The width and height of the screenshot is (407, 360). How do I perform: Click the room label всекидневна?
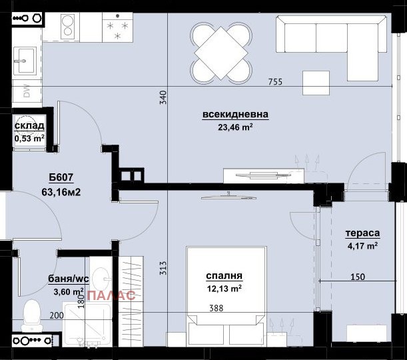[235, 115]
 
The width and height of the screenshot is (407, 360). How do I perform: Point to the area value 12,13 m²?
[223, 288]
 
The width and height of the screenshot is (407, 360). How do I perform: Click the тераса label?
[362, 233]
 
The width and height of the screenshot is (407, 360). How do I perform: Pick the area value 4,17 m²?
[362, 245]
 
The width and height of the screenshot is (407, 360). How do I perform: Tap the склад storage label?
[29, 125]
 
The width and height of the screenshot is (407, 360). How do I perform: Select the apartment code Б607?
[61, 178]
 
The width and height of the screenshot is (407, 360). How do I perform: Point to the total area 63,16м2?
[61, 194]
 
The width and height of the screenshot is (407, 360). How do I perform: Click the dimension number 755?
[275, 82]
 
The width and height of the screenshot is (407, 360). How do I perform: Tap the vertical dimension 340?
[163, 98]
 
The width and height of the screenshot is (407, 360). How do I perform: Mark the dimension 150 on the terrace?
[358, 277]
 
